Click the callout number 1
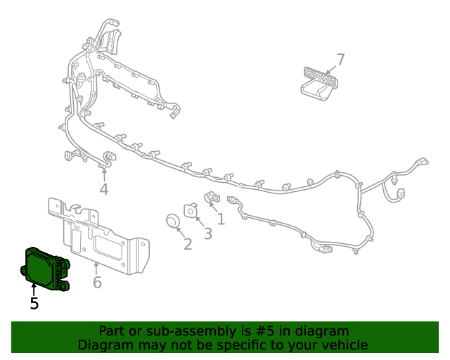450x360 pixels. pos(221,219)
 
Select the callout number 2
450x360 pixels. pos(188,244)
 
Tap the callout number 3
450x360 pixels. pos(207,234)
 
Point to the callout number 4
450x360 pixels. pos(104,189)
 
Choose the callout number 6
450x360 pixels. pos(97,283)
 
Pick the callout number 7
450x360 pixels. pos(340,60)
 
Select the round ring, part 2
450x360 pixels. pos(173,221)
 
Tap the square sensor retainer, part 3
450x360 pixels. pos(190,210)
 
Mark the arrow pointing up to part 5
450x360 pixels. pos(34,288)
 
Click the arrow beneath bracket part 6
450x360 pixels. pos(96,268)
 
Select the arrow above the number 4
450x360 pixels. pos(104,174)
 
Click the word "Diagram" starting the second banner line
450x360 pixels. pos(104,345)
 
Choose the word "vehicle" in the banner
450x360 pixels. pos(345,345)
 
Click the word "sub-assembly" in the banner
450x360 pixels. pos(179,331)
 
